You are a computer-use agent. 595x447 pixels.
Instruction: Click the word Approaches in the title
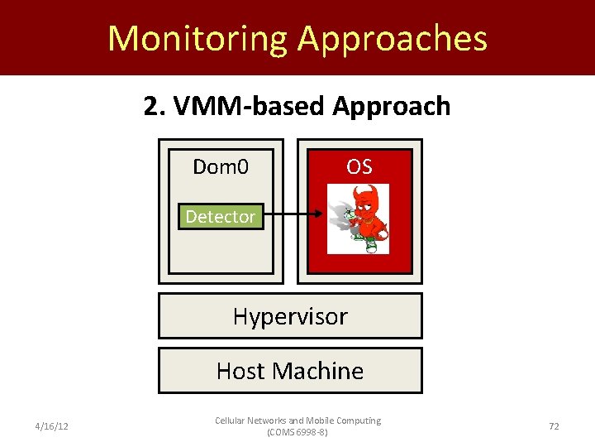393,39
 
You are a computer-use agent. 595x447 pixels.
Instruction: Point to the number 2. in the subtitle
153,107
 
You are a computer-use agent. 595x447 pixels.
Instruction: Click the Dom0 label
220,167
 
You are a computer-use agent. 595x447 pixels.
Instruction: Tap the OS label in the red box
359,167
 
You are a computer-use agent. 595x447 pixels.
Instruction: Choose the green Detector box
221,217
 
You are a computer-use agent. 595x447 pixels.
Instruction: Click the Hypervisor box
290,316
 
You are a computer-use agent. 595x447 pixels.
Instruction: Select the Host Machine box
290,370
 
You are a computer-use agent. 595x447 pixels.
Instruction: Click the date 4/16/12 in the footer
51,425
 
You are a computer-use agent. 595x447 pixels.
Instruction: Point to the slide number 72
554,425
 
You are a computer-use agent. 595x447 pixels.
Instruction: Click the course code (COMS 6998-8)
297,432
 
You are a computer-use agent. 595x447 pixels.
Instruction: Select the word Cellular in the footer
231,421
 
